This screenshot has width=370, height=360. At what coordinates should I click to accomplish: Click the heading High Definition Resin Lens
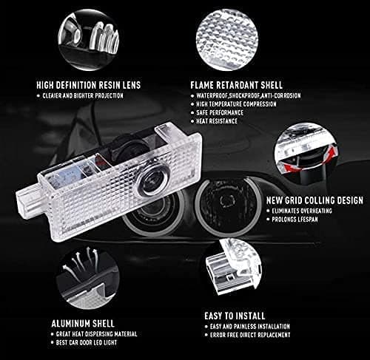[x=89, y=85]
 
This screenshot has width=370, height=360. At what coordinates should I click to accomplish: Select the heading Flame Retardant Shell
[x=236, y=85]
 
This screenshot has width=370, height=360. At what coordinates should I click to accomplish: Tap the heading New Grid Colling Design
[x=314, y=200]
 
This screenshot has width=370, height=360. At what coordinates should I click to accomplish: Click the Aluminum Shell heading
[x=83, y=324]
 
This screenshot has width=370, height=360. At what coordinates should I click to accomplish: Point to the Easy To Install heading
[x=235, y=316]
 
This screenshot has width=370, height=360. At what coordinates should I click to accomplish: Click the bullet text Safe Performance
[x=220, y=113]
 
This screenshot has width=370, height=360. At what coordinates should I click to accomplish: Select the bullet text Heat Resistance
[x=217, y=121]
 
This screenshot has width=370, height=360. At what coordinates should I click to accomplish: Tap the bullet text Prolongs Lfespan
[x=295, y=220]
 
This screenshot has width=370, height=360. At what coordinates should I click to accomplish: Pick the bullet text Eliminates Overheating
[x=302, y=211]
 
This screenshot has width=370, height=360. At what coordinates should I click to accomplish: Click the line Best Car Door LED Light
[x=87, y=342]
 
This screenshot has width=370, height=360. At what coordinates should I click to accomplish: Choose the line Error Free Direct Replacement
[x=250, y=335]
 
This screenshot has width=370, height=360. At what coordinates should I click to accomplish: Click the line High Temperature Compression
[x=236, y=104]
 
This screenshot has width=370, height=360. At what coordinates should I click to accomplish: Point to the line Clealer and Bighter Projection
[x=83, y=96]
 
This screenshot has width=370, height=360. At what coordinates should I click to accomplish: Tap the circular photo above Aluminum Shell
[x=88, y=277]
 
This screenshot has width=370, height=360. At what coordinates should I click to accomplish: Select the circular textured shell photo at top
[x=227, y=40]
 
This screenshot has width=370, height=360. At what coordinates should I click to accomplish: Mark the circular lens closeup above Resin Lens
[x=89, y=40]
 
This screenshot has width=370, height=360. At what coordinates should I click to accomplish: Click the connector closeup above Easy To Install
[x=232, y=267]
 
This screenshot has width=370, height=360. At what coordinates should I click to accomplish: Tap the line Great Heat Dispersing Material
[x=96, y=334]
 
